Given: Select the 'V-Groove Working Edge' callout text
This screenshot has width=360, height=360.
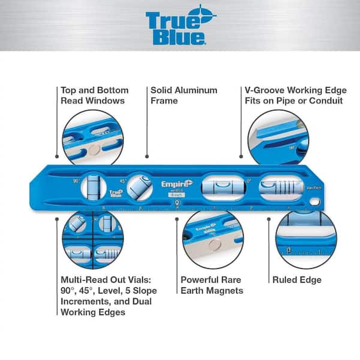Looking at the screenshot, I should point(293,95).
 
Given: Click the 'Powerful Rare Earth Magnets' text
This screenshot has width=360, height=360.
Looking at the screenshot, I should point(212,285).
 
